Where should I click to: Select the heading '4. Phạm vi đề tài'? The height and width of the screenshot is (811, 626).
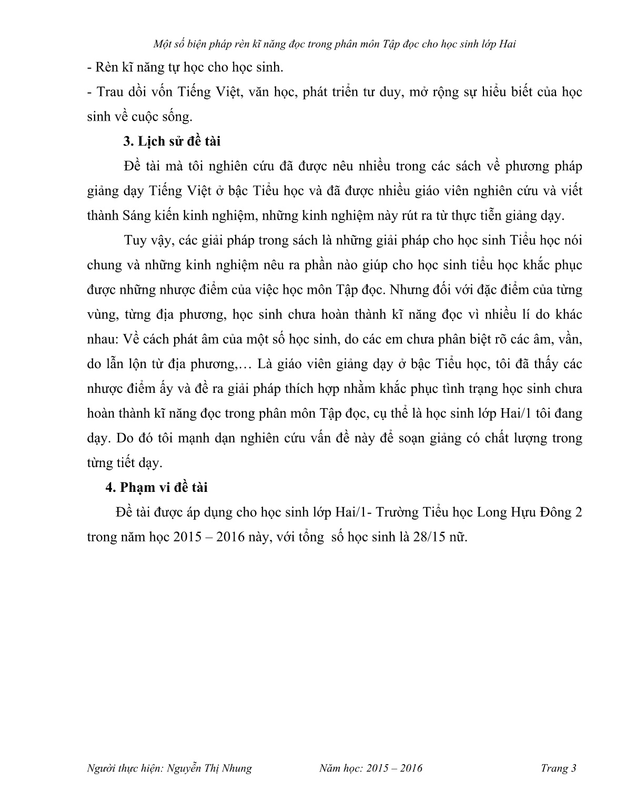(x=156, y=487)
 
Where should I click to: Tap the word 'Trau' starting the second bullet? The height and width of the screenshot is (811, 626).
(x=109, y=92)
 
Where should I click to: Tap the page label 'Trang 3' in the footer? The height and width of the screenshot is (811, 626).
(x=558, y=768)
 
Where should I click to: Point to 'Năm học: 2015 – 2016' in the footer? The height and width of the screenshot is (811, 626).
(x=370, y=768)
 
